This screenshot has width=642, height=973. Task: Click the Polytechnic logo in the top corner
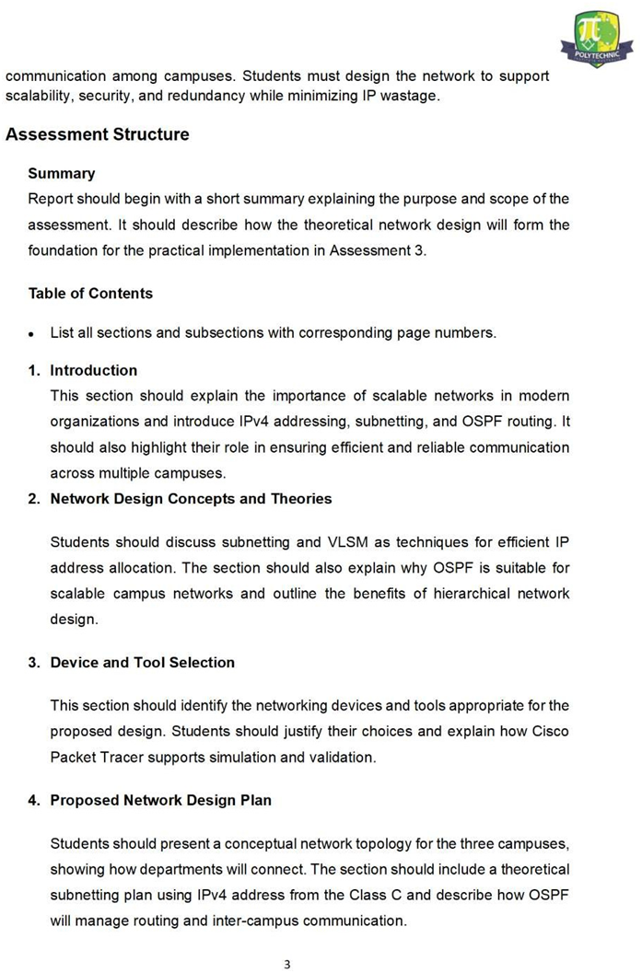[597, 38]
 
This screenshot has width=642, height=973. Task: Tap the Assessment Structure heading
[98, 134]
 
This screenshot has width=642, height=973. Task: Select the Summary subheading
[62, 173]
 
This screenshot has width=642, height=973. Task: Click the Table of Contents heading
[90, 293]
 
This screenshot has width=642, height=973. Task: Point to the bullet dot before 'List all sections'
[32, 334]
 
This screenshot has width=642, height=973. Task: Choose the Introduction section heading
[93, 370]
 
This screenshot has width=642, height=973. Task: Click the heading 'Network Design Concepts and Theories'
[191, 498]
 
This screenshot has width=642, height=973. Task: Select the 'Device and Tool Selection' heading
[142, 662]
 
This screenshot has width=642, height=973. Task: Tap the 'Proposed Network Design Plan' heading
[160, 800]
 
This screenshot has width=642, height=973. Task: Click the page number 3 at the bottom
[286, 964]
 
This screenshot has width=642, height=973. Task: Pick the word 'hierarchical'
[451, 594]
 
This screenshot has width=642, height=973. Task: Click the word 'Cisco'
[550, 732]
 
